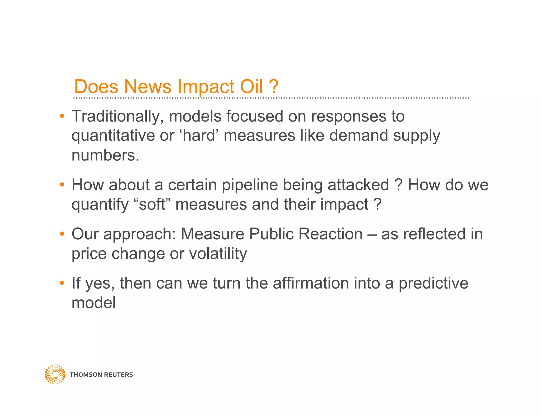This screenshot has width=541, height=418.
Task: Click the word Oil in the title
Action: (251, 86)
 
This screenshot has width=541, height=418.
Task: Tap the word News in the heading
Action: (148, 86)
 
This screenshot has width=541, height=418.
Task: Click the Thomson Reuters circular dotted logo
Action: (55, 374)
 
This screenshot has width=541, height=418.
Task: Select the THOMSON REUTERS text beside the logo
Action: (101, 375)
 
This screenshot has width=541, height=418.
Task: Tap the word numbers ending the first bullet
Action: (105, 155)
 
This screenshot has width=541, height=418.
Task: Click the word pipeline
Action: (250, 185)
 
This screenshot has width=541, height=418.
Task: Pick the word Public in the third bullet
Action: (271, 234)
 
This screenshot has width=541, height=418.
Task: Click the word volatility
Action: (218, 254)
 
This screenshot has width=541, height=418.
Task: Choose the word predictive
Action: (433, 283)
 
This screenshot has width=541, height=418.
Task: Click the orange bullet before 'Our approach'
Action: (62, 234)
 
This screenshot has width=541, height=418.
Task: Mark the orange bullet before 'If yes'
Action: (62, 283)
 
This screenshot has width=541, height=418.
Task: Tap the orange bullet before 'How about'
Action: (62, 184)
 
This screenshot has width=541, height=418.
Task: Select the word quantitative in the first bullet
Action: (113, 136)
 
